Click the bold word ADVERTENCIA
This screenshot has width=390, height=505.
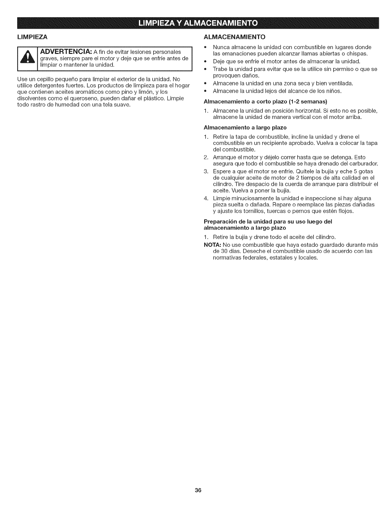click(x=64, y=52)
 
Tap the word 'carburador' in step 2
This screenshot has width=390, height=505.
click(x=365, y=164)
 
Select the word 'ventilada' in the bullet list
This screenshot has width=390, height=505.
click(x=341, y=84)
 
